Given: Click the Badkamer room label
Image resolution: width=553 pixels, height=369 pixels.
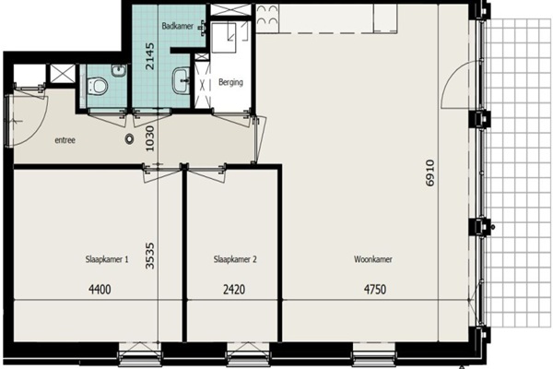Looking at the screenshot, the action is pos(178,26).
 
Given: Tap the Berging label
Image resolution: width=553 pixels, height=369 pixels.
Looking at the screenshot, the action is pos(230,82).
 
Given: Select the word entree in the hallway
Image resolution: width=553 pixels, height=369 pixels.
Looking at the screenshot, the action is pos(65,140).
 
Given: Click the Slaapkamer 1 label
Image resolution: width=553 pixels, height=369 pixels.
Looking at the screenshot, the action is pos(107,259).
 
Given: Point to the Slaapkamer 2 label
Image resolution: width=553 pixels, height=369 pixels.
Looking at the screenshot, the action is pos(235,259).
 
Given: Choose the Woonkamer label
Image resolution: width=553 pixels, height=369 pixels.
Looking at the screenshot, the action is pos(373,259).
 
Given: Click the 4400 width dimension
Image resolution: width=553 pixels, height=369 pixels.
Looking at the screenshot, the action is pos(100,290).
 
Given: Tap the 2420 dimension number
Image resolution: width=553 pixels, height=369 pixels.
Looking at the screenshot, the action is pos(234,290).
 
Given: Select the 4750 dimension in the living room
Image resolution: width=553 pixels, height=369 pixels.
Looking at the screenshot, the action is pos(375,290).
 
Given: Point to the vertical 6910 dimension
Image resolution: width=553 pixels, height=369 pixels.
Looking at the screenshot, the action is pos(430,173).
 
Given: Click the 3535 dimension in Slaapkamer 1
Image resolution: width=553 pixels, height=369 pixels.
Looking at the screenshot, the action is pos(150,256).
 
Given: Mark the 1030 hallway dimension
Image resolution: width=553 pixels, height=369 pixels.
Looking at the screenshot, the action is pos(150,138).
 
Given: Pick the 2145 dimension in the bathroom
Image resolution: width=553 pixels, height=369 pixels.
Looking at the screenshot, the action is pos(150,55).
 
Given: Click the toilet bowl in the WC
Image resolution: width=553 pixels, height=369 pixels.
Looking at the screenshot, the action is pos(97,86).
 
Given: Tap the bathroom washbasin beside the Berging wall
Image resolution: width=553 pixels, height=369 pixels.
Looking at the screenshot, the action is pos(181,80).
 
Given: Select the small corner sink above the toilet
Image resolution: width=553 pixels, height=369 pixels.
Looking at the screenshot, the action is pos(119,70).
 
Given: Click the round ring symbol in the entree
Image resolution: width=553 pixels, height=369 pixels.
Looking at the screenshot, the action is pos(129,139).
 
